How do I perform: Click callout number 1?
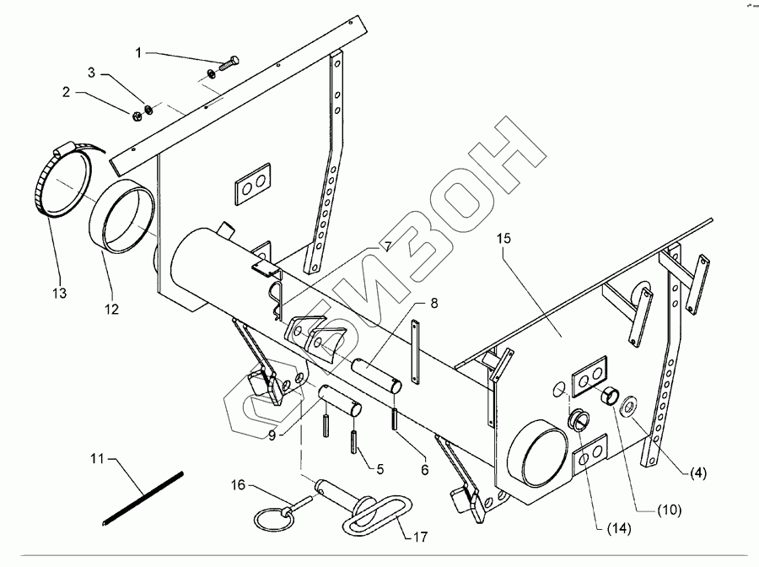tap(139, 53)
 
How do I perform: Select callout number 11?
tap(98, 458)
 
